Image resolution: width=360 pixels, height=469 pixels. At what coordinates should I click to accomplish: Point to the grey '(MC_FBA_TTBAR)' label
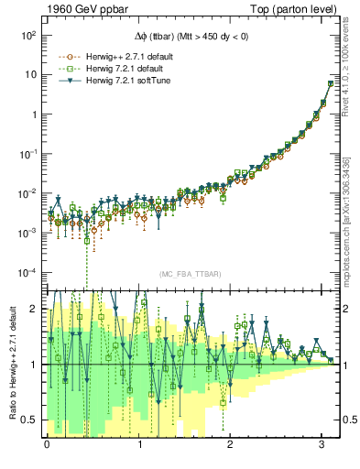190,275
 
